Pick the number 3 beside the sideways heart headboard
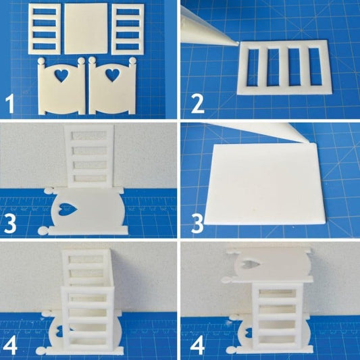[x=11, y=222]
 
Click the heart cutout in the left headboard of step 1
[x=64, y=72]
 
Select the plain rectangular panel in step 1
[x=86, y=28]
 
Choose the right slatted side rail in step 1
[x=128, y=28]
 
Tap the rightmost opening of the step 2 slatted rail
[x=312, y=66]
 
